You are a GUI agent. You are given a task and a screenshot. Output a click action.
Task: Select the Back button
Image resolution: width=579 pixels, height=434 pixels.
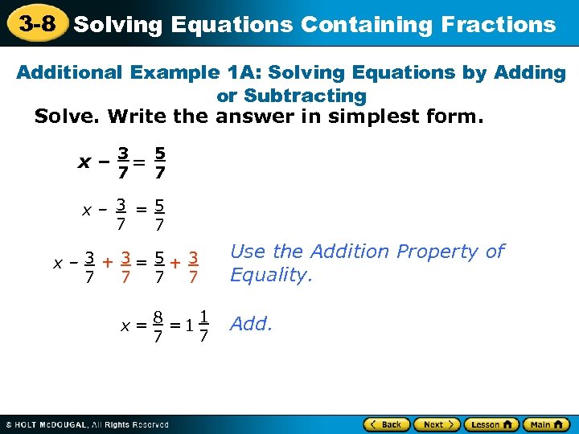387,424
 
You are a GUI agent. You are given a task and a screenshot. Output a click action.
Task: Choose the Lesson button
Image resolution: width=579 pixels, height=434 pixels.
488,424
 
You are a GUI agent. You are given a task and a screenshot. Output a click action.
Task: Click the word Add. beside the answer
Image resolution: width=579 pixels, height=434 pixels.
252,325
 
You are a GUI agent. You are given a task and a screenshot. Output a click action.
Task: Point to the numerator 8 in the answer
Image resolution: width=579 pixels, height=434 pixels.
160,316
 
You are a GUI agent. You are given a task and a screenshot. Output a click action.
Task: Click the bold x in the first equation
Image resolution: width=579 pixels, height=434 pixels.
84,162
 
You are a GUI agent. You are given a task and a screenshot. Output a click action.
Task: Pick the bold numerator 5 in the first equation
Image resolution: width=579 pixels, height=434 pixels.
160,152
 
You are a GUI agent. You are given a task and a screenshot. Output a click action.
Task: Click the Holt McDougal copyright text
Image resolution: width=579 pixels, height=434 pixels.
88,424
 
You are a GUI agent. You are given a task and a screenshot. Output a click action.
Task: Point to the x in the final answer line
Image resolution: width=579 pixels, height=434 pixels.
125,326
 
